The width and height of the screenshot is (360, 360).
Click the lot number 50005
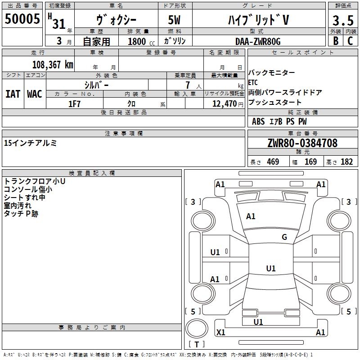tap(23, 19)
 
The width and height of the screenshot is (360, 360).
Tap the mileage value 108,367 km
tap(53, 64)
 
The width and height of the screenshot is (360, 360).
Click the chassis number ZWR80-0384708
tap(302, 143)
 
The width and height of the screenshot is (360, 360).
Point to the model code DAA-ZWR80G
tap(258, 41)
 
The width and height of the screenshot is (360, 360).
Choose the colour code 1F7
tap(74, 104)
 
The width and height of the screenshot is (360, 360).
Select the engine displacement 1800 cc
tap(137, 41)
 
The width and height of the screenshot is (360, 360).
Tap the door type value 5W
tap(175, 20)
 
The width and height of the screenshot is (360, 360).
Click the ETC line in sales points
tap(253, 83)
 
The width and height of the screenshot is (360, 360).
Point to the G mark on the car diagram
tap(284, 237)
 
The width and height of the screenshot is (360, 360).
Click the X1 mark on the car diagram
tap(221, 332)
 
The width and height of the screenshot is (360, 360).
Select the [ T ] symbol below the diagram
tap(197, 345)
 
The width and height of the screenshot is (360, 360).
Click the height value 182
tap(346, 162)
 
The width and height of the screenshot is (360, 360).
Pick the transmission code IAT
tap(13, 94)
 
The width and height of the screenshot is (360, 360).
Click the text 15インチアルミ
tap(30, 143)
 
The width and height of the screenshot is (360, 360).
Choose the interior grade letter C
tap(350, 40)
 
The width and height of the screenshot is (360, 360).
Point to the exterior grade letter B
tap(335, 40)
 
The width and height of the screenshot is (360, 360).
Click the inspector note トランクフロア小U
tap(35, 181)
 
